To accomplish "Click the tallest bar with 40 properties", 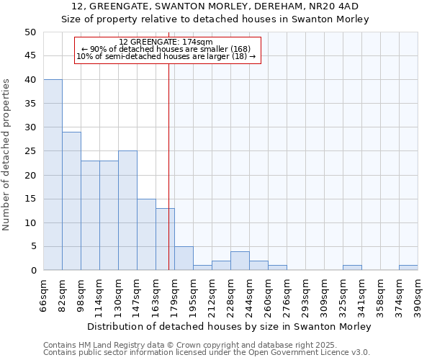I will pyautogui.click(x=53, y=175).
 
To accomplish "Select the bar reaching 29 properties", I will pyautogui.click(x=71, y=201).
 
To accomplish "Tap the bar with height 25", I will pyautogui.click(x=127, y=210).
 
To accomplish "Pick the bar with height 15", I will pyautogui.click(x=146, y=234).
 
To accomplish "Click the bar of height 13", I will pyautogui.click(x=165, y=239).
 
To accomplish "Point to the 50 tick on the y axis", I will pyautogui.click(x=30, y=32).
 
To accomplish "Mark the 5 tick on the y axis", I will pyautogui.click(x=32, y=246).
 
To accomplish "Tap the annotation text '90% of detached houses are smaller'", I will pyautogui.click(x=166, y=49).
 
